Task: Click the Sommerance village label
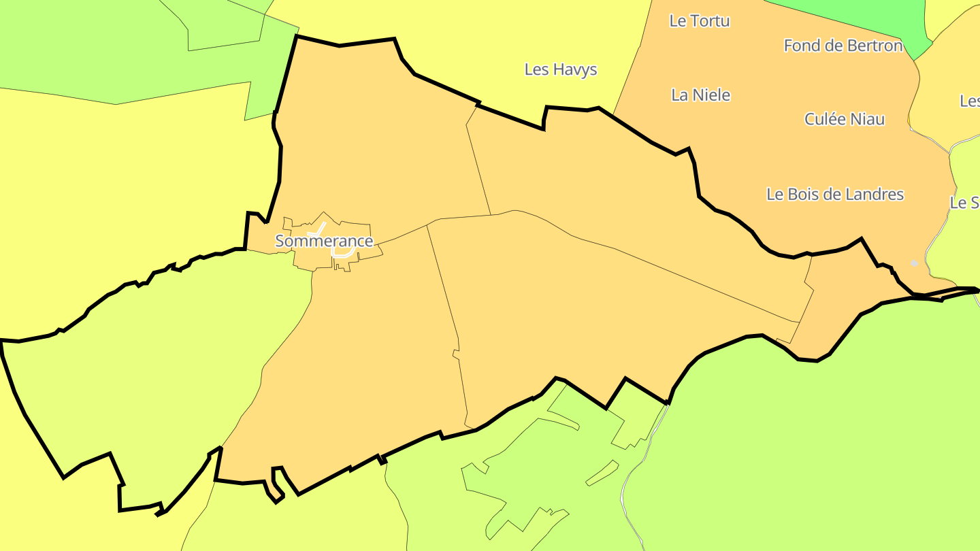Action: coord(324,241)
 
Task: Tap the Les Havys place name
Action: coord(561,69)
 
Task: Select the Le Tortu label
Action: coord(700,21)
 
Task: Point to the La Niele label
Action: coord(700,95)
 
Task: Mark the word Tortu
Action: coord(710,21)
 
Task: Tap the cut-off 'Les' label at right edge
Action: coord(970,101)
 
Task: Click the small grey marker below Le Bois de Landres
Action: coord(914,263)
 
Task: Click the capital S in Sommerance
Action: coord(280,241)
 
